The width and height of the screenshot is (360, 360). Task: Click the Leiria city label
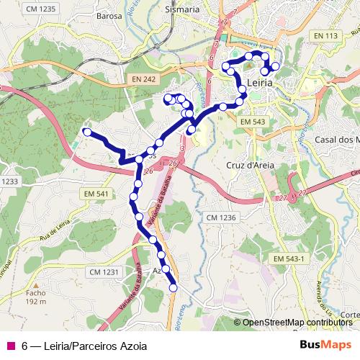pyautogui.click(x=259, y=84)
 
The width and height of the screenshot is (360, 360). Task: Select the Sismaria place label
pyautogui.click(x=182, y=10)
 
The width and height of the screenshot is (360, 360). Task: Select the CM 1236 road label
pyautogui.click(x=221, y=217)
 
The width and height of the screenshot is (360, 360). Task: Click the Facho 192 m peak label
pyautogui.click(x=35, y=297)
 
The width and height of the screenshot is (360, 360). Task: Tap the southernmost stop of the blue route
pyautogui.click(x=173, y=288)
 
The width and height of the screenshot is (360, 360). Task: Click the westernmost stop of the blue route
pyautogui.click(x=87, y=132)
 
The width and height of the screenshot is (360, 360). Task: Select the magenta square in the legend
pyautogui.click(x=10, y=346)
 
